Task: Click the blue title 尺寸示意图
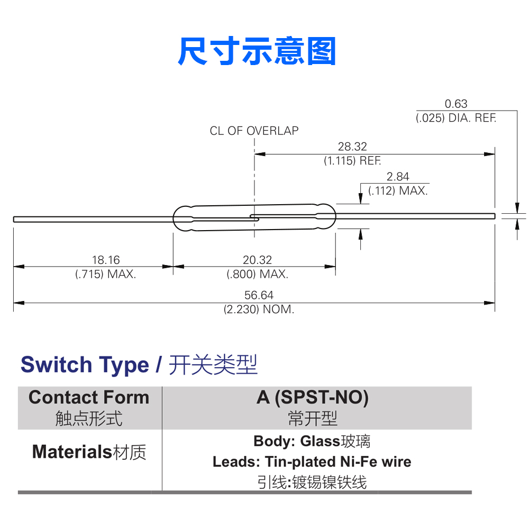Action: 257,51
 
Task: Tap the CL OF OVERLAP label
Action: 254,131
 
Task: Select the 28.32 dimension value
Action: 352,147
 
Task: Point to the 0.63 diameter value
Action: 456,104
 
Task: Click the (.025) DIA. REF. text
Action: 456,118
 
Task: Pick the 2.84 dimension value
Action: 398,177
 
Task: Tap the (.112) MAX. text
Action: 398,191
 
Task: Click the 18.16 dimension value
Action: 106,260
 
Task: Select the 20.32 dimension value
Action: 257,260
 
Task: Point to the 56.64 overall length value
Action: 259,295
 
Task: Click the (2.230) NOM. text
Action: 259,309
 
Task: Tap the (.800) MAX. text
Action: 257,274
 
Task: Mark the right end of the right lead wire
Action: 495,216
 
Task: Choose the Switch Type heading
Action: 85,365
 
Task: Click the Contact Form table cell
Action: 89,407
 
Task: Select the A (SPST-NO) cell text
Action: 313,397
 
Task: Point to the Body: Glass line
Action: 312,441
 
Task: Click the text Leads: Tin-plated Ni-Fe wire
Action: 312,461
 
